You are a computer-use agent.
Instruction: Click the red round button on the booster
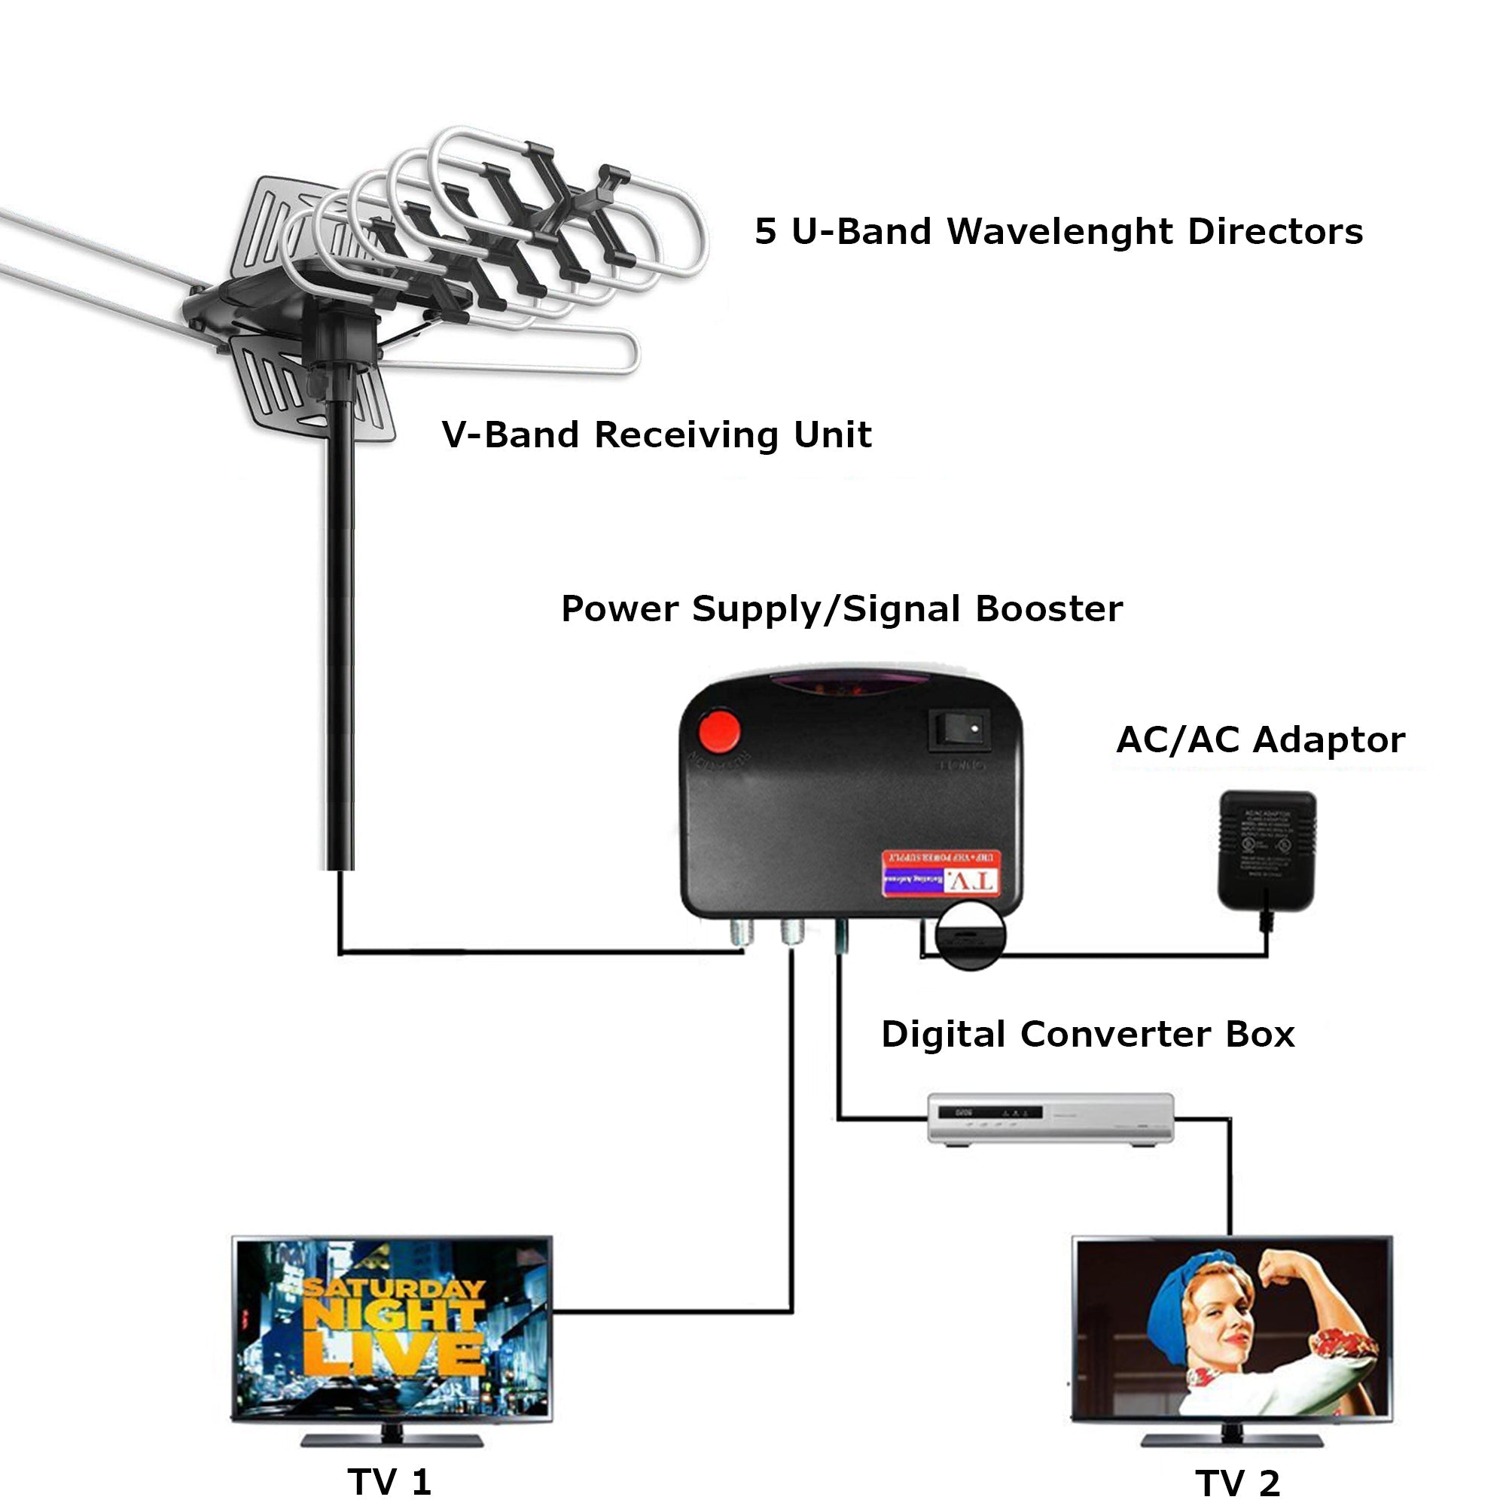pos(718,730)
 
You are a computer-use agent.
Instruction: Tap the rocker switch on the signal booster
pos(959,730)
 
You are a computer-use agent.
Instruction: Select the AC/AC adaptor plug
pos(1267,851)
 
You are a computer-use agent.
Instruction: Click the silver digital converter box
pos(1050,1117)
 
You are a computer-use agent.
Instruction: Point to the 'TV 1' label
pos(389,1481)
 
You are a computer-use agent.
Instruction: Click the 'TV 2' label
pos(1238,1483)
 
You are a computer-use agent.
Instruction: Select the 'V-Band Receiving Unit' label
pos(657,435)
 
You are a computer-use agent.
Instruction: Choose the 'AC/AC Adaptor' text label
pos(1261,739)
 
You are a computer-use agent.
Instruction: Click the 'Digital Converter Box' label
pos(1087,1035)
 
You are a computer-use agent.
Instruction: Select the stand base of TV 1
pos(392,1439)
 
